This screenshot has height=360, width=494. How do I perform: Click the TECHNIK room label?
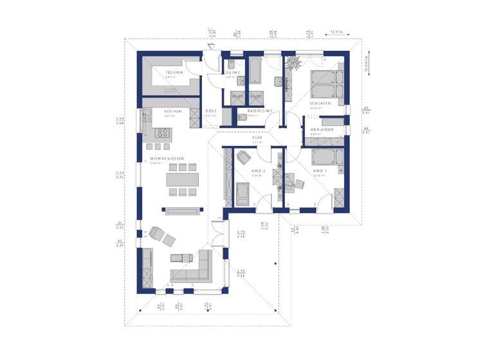(x=174, y=73)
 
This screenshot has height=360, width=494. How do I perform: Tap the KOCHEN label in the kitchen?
(x=173, y=111)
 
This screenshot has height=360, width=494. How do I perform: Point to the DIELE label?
(x=211, y=111)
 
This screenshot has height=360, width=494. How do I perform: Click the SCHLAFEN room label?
(x=320, y=104)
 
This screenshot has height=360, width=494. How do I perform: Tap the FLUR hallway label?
(x=257, y=138)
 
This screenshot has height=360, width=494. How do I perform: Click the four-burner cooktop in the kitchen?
(x=161, y=134)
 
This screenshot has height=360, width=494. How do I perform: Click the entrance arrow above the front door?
(x=210, y=44)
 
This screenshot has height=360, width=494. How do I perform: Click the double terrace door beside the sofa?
(x=223, y=254)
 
